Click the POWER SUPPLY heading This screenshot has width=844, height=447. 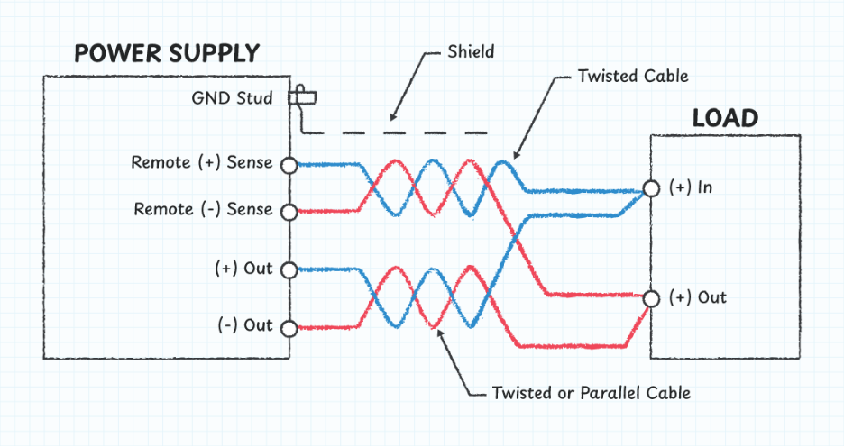coord(166,54)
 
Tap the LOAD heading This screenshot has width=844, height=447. coord(724,118)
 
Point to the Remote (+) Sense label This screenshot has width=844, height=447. coord(201,163)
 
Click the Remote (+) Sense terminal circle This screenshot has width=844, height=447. coord(289,165)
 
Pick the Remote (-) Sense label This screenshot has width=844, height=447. coord(203,209)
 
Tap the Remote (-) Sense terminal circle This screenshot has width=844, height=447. coord(289,212)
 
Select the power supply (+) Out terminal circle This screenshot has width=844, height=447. coord(289,269)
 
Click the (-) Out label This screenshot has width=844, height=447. coord(244,324)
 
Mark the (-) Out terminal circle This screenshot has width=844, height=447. coord(289,327)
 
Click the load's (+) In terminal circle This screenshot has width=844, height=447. coord(650,189)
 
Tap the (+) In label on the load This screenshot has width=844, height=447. coord(692,187)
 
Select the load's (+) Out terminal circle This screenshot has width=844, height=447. coord(650,298)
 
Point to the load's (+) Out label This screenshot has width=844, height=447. coord(697,297)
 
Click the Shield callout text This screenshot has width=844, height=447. coord(471,51)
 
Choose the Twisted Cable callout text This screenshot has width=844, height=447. coord(633,76)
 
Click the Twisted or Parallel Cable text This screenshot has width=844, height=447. coord(592,393)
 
